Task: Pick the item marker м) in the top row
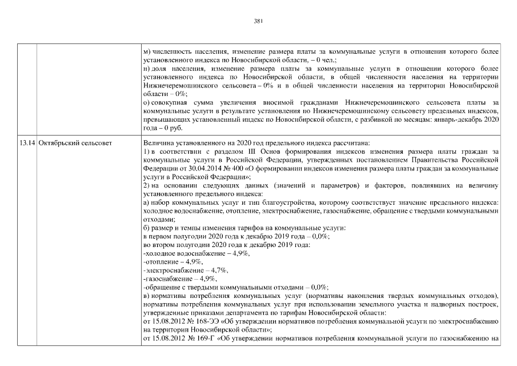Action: pyautogui.click(x=146, y=51)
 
